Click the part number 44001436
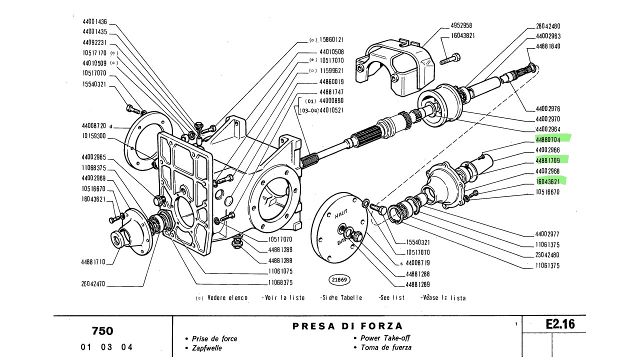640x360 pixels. click(95, 22)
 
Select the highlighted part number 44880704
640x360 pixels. click(548, 140)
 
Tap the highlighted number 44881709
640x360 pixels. click(548, 160)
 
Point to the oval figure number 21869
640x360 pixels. click(339, 279)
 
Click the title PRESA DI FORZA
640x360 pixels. click(347, 326)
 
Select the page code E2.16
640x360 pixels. click(560, 324)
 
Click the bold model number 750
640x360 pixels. click(102, 331)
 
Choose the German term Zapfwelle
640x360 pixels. click(206, 348)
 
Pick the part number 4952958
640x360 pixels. click(461, 25)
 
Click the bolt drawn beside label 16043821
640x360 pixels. click(450, 58)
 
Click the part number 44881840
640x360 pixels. click(548, 46)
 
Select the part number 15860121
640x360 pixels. click(331, 39)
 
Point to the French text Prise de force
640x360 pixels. click(214, 338)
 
